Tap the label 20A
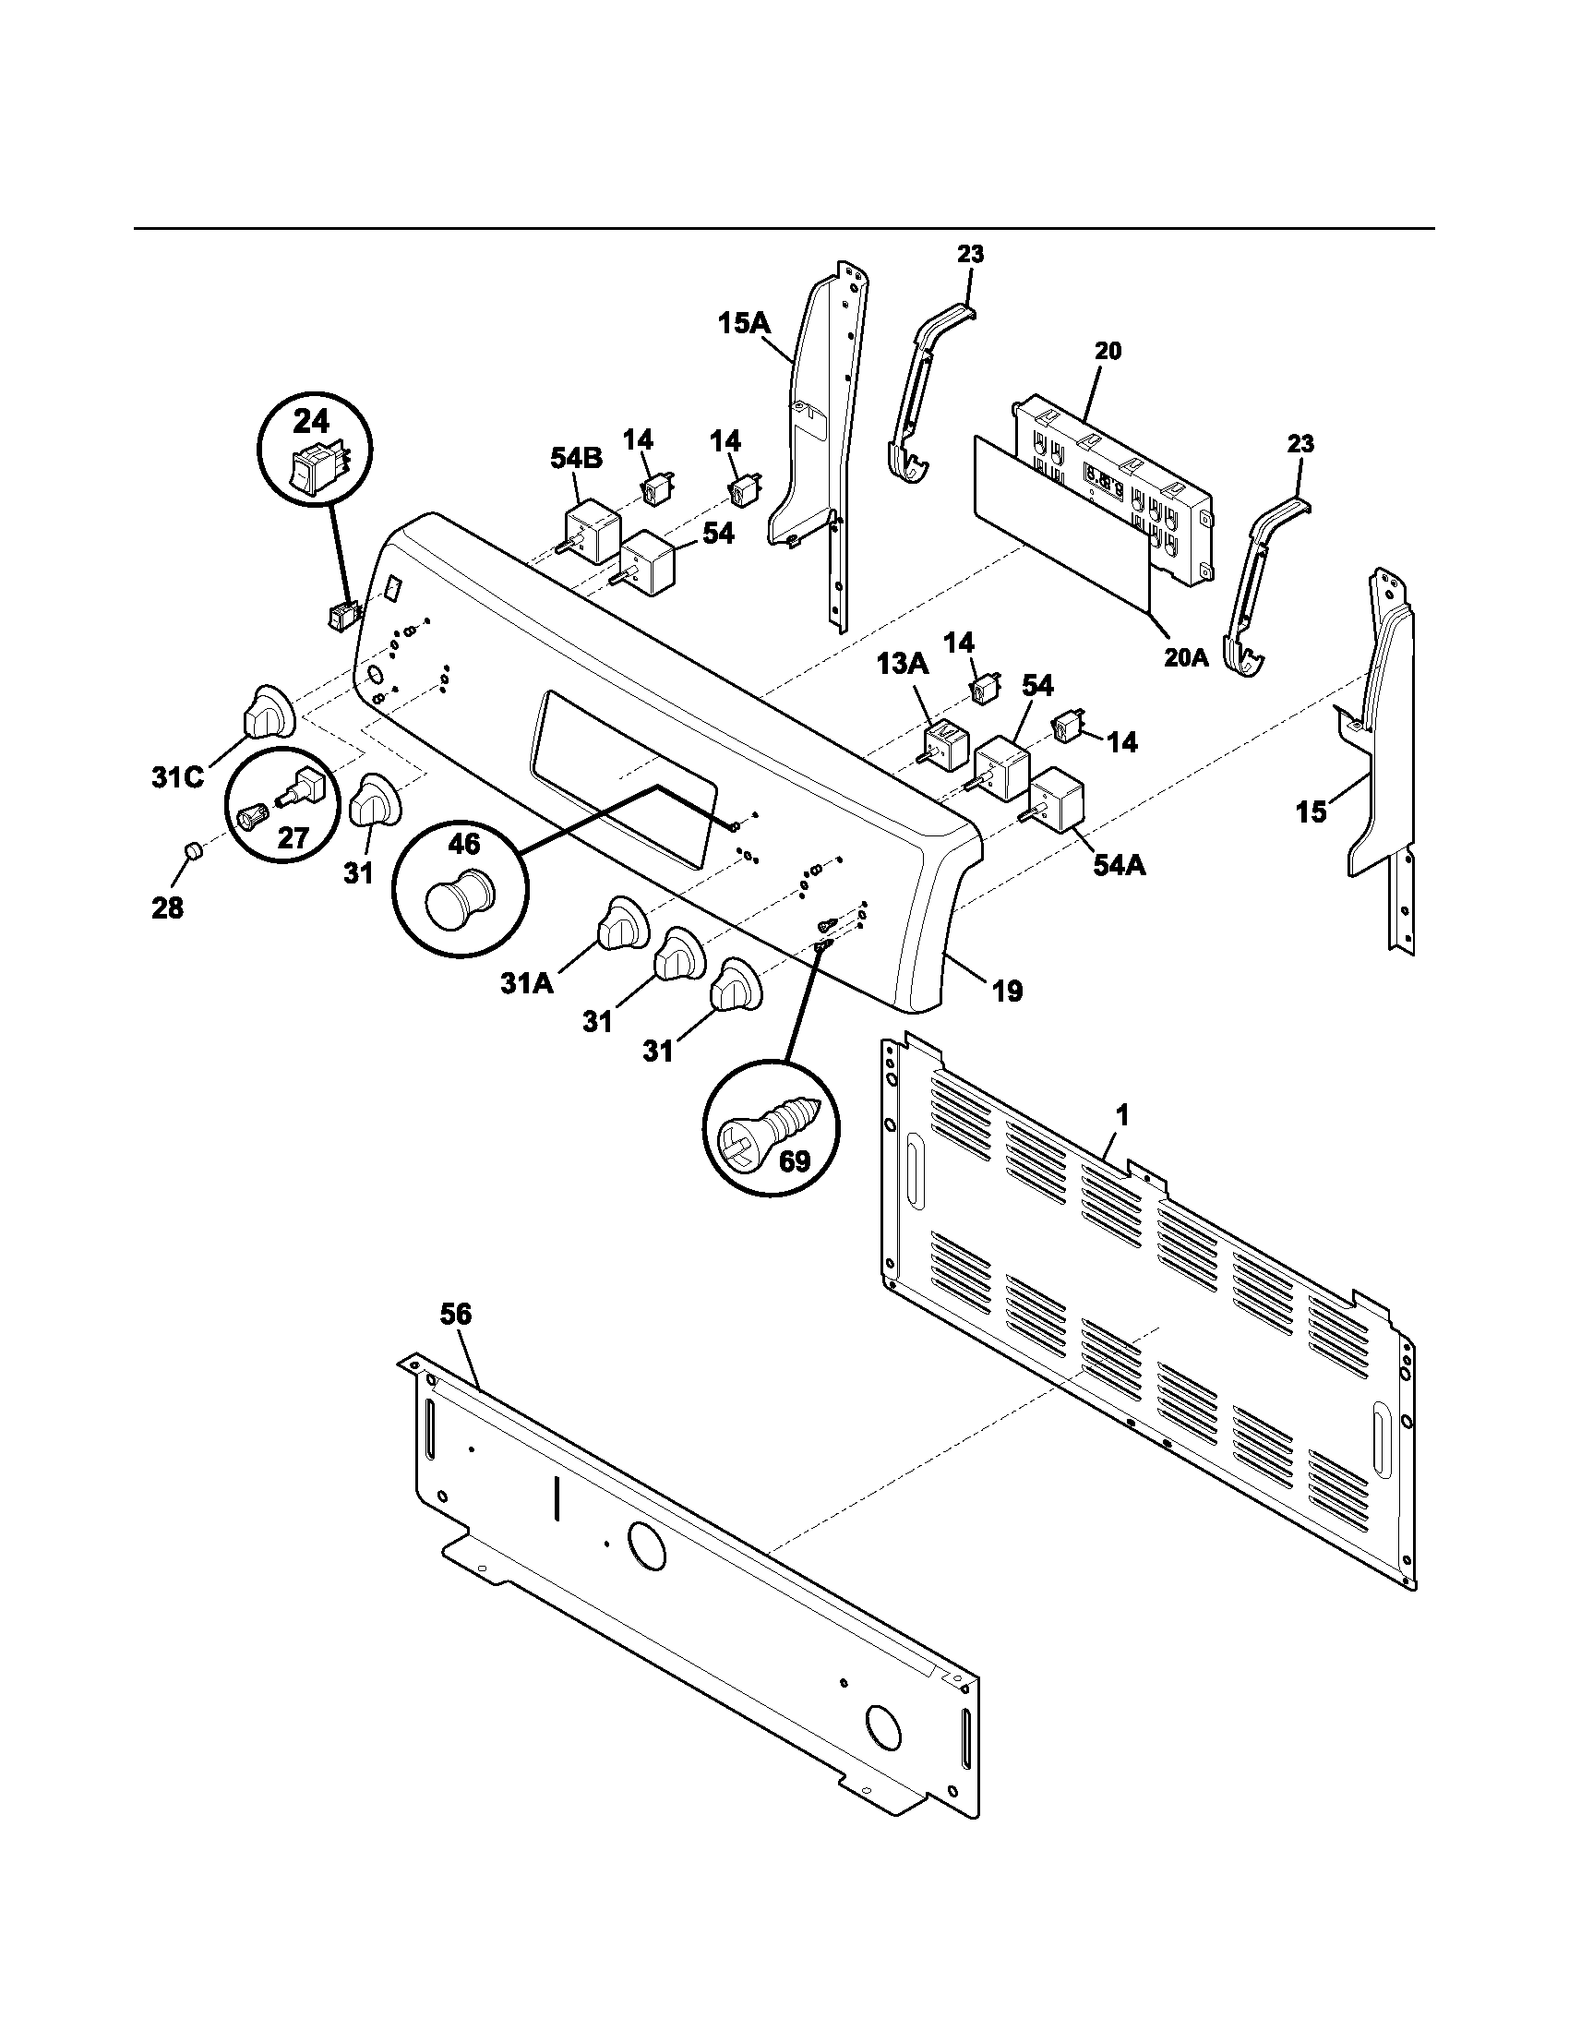pos(1186,657)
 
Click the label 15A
pos(744,324)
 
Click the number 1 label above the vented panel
pos(1122,1115)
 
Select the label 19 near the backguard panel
pos(1007,991)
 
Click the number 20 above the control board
pos(1107,351)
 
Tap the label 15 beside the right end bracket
pos(1311,811)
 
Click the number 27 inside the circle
pos(293,837)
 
